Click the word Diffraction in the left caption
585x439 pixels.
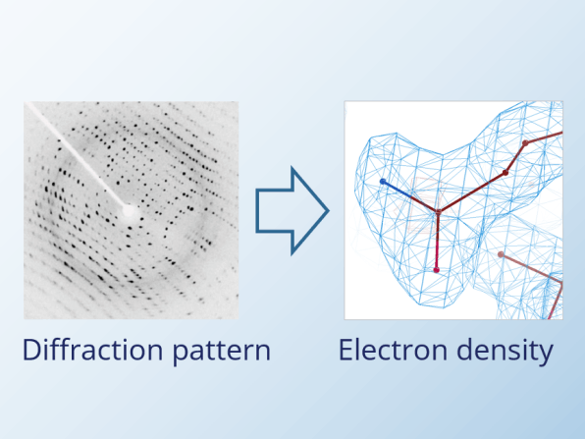93,350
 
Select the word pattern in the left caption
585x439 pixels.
222,353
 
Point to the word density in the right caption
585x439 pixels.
505,352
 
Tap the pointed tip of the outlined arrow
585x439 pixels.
329,211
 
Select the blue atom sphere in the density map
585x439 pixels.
383,182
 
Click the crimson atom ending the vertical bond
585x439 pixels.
436,269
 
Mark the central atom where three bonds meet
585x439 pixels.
439,212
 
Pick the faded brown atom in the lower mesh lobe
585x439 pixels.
501,254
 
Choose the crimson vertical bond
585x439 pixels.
437,241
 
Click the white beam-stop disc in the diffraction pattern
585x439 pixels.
130,212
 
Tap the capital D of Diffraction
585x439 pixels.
31,350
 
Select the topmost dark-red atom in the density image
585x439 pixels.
525,143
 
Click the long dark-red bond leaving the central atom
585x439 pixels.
472,192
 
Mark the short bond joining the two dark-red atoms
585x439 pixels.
515,158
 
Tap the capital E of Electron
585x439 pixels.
346,350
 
